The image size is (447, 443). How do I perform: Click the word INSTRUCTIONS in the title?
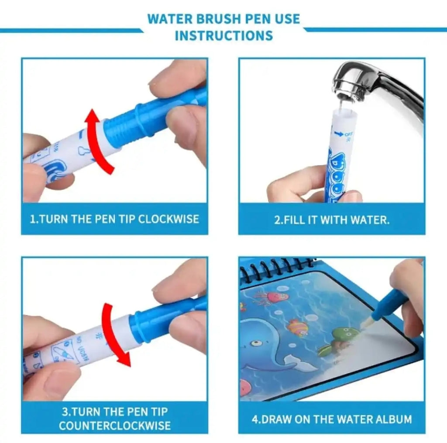coord(223,35)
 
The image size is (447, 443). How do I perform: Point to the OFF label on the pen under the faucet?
coord(348,134)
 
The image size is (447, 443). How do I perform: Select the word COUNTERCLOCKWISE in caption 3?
coord(114,426)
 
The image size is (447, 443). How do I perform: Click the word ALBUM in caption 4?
coord(393,419)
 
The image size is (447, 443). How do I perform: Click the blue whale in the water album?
coord(262,345)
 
